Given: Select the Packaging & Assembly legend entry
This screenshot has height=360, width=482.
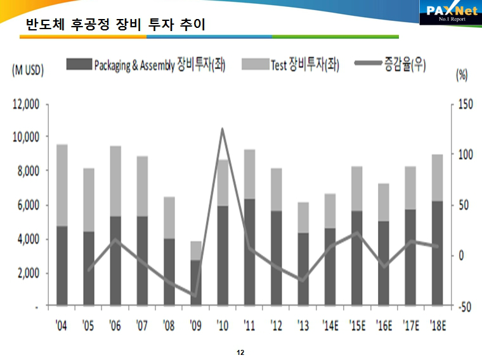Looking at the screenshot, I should [147, 65].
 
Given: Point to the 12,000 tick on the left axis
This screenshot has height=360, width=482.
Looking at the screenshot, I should [26, 104].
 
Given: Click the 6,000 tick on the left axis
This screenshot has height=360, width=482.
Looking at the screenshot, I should [28, 205].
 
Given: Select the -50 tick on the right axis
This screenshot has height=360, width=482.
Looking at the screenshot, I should [466, 307].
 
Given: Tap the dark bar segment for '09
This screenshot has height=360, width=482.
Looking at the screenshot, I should [195, 283].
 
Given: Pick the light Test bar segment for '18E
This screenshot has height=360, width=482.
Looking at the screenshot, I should [438, 177].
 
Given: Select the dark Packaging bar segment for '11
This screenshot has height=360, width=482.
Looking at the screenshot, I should [249, 252].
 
